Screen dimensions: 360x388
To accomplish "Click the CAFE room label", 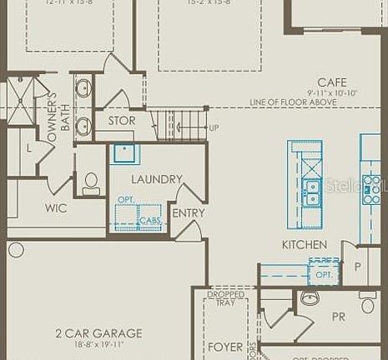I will (x=331, y=82).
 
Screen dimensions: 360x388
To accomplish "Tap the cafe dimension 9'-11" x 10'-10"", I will (x=331, y=92).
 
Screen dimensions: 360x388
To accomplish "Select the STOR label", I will (x=122, y=122).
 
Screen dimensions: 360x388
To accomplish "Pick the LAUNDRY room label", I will (x=156, y=179).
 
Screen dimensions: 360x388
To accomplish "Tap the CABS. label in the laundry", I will (x=150, y=221).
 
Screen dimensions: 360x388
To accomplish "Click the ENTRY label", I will (x=188, y=213).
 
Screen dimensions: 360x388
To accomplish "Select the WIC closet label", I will (x=56, y=208).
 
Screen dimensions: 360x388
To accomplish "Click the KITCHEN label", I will (x=304, y=245).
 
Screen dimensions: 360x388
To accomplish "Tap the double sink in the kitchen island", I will (x=312, y=192).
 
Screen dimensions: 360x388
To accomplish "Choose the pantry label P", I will (x=358, y=267).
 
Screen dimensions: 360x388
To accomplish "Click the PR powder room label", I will (x=339, y=317).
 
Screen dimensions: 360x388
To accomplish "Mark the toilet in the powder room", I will (x=368, y=303).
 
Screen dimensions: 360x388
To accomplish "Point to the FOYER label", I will (x=224, y=347).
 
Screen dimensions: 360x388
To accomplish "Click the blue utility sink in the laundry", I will (x=126, y=154).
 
